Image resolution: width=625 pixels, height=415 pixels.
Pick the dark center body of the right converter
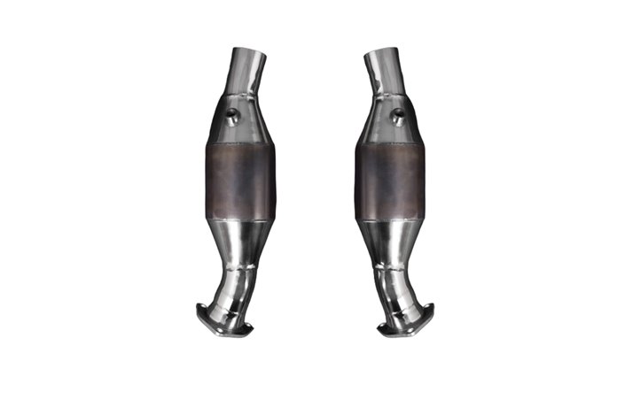(x=389, y=181)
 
